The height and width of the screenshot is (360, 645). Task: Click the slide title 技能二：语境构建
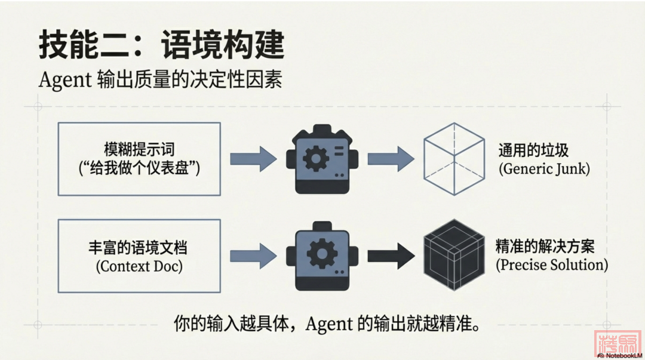point(161,45)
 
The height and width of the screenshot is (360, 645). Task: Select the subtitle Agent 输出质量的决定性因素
point(160,80)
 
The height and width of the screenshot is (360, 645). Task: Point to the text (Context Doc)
point(139,266)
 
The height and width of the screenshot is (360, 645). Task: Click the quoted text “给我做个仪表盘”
point(139,168)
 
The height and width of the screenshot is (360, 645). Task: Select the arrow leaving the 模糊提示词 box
point(253,158)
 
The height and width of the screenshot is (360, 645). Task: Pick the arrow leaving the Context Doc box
point(253,256)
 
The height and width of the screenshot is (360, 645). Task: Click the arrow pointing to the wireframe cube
point(390,158)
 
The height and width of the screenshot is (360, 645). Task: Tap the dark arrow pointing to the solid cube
point(390,256)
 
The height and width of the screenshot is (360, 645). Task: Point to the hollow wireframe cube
point(453,158)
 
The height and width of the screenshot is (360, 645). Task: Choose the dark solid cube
point(453,256)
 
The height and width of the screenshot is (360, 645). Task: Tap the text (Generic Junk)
point(544,168)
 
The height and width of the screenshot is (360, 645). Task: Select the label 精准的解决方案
point(545,246)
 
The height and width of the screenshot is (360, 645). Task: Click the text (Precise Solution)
point(552,264)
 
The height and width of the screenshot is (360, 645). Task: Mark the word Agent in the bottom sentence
point(330,324)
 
